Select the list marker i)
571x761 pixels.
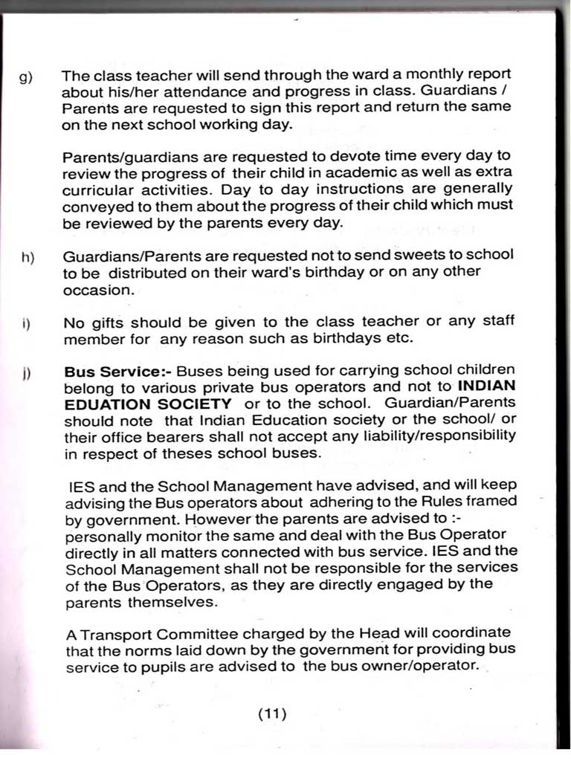[27, 324]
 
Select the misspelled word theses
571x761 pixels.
[175, 452]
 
